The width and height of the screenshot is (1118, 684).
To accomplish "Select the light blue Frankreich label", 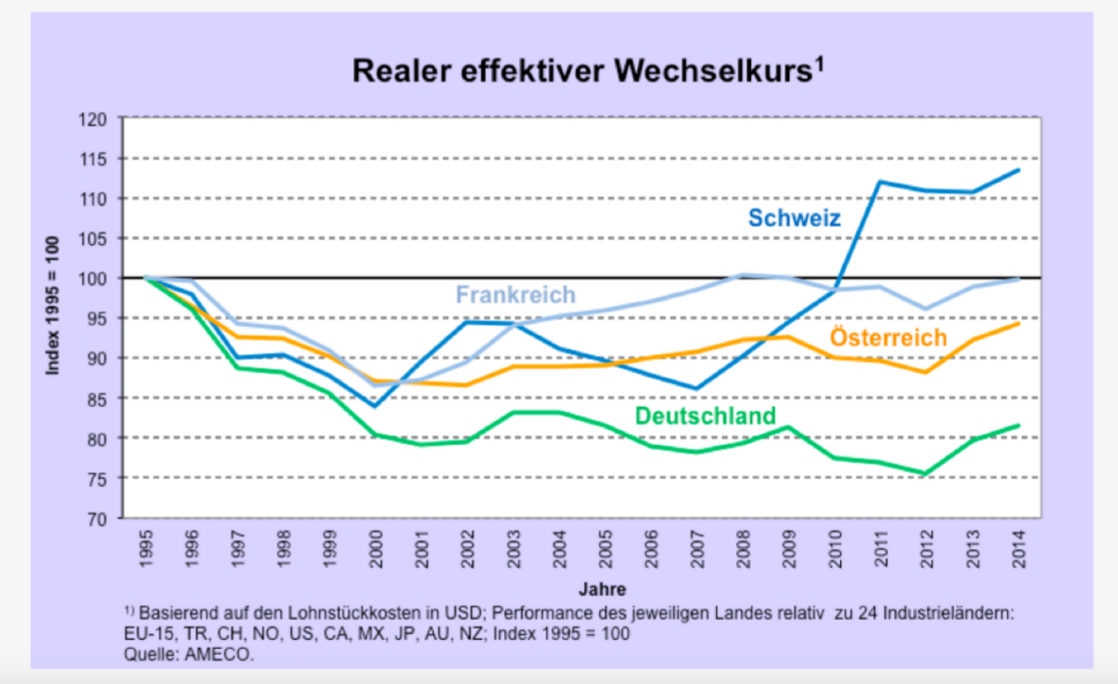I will point(515,295).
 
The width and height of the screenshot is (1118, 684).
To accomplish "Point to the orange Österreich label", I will point(889,338).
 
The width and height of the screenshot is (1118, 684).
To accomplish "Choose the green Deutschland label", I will point(706,417).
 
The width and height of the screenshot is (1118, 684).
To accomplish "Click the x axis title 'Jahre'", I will point(594,589).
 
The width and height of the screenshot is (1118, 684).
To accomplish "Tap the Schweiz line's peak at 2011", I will point(880,181).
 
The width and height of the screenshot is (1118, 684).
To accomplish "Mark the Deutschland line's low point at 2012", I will point(925,474).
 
